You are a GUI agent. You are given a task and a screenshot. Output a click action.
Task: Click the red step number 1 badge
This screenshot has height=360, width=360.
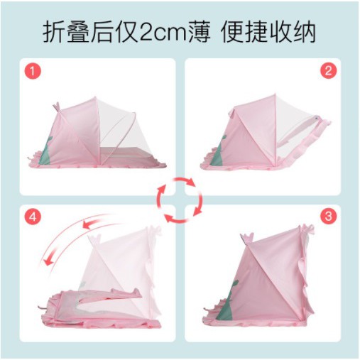click(33, 71)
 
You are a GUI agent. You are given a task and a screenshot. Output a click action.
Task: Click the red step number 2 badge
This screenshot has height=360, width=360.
click(328, 70)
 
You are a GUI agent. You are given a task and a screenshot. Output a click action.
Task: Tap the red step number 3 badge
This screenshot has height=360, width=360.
click(328, 217)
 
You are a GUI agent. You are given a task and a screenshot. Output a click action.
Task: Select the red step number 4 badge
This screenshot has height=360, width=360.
click(33, 217)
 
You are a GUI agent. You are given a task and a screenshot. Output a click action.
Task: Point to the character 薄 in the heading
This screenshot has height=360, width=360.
click(200, 32)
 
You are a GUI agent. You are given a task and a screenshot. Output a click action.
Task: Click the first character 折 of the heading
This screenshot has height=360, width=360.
click(54, 32)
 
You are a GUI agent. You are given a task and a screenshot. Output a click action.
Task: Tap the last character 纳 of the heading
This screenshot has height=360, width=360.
click(304, 32)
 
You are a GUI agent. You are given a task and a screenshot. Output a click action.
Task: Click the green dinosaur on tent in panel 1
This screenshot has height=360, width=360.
click(46, 151)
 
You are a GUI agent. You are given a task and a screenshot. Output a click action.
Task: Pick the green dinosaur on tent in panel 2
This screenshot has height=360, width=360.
click(219, 151)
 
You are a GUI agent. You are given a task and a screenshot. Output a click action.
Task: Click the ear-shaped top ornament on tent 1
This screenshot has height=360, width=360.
click(56, 107)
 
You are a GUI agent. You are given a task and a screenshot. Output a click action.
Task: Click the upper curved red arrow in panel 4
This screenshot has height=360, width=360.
click(99, 220)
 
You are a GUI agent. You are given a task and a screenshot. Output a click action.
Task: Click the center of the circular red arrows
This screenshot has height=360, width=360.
click(180, 201)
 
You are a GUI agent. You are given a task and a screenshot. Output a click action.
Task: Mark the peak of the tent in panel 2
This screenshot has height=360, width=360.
click(276, 94)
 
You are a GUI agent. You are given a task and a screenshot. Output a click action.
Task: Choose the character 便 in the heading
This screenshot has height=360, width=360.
click(232, 32)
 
